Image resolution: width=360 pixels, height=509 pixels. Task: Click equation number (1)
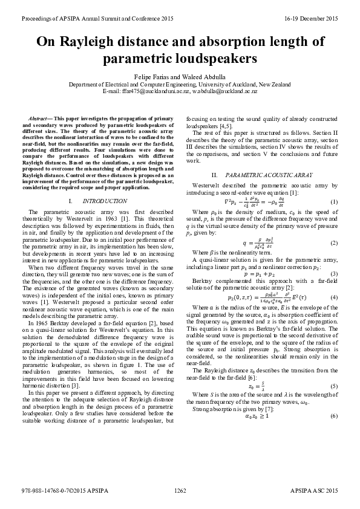pos(334,201)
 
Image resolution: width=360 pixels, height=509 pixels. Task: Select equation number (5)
pos(334,369)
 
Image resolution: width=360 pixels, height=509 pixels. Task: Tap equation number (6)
pos(334,400)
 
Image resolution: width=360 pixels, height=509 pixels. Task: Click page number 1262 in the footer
pos(180,492)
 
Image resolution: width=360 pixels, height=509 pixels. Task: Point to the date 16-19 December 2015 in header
pos(311,19)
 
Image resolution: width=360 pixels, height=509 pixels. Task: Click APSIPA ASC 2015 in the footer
pos(315,492)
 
